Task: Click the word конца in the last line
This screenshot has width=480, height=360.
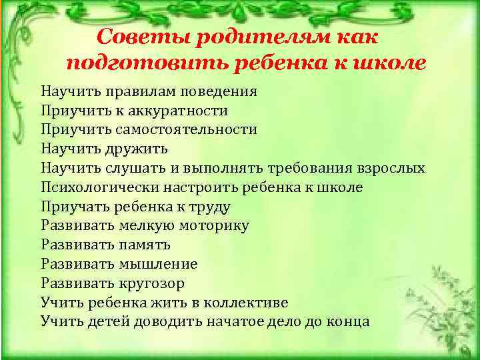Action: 349,321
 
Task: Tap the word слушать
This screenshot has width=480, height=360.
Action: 133,168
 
